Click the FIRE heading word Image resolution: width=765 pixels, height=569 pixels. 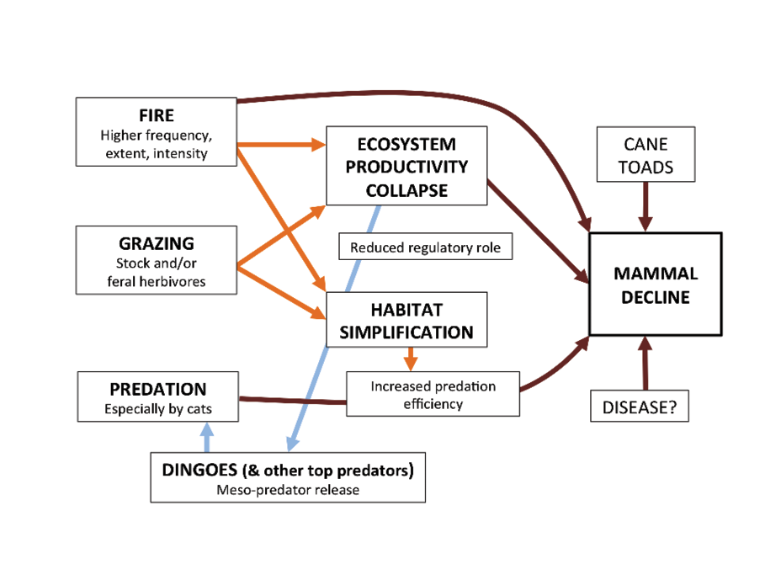click(x=157, y=115)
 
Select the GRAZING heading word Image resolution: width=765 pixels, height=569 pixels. click(x=157, y=243)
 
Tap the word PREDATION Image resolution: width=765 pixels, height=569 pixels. click(x=158, y=390)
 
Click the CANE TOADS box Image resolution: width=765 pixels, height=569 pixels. click(x=645, y=154)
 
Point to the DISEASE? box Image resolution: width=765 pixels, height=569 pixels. click(x=640, y=406)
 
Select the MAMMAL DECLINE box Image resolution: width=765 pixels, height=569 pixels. click(x=656, y=284)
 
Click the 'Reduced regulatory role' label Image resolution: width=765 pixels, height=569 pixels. click(x=426, y=247)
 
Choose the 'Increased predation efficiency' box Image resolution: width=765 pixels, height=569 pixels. click(x=433, y=394)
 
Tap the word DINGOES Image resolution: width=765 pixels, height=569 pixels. click(x=199, y=470)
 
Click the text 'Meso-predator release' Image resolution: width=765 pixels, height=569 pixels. click(x=288, y=490)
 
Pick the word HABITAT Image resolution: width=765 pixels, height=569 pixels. click(x=406, y=310)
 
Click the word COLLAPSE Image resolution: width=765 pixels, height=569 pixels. click(x=406, y=190)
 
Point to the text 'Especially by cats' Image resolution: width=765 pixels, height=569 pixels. click(x=158, y=409)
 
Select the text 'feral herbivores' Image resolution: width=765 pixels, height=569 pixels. click(x=157, y=282)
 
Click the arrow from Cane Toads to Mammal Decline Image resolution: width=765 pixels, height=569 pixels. click(x=645, y=206)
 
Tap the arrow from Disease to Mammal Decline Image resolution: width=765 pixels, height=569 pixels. click(x=645, y=363)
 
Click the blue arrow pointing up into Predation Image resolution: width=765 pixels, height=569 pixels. click(x=207, y=437)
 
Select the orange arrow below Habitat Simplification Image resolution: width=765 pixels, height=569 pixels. click(x=411, y=359)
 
